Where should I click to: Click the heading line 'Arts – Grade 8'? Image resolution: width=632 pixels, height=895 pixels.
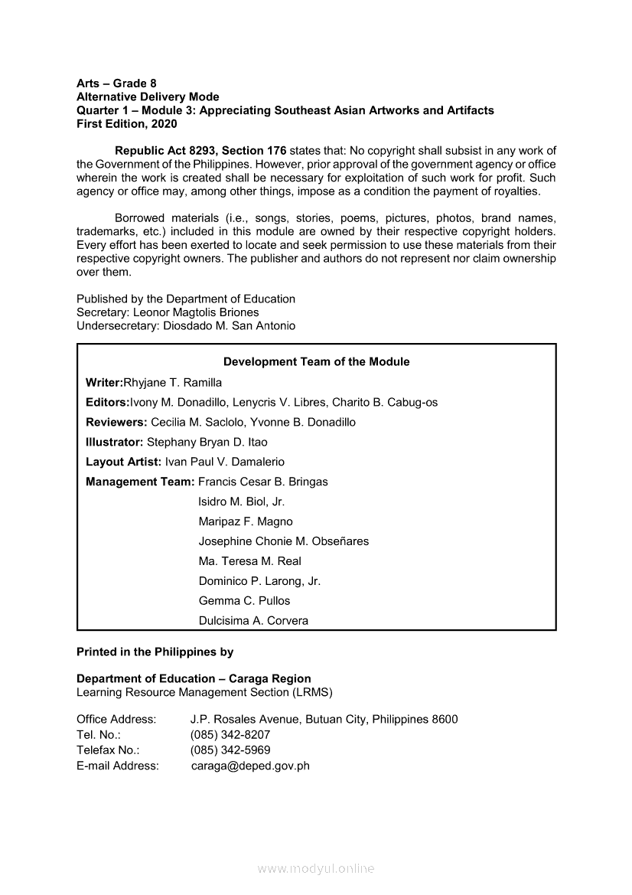point(116,83)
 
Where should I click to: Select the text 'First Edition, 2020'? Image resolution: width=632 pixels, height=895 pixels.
point(126,123)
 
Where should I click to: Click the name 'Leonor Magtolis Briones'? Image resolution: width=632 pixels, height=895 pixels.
point(196,312)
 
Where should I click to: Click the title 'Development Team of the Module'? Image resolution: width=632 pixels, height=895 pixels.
point(316,362)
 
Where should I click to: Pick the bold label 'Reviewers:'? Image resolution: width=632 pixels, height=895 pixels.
point(116,422)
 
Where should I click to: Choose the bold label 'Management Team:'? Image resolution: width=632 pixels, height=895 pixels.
point(140,482)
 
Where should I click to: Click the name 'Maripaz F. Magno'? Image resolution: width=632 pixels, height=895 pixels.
point(246,521)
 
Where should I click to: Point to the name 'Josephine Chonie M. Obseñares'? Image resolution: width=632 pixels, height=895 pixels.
point(283,541)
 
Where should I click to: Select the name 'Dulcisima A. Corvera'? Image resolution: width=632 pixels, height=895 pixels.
point(253,621)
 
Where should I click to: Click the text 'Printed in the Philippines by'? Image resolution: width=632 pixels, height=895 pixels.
point(155,652)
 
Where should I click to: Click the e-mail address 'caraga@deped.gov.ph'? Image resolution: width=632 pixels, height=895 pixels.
point(250,766)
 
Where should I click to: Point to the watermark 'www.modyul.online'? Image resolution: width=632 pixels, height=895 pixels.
point(316,868)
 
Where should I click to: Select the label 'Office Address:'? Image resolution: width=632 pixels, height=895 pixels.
point(116,719)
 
